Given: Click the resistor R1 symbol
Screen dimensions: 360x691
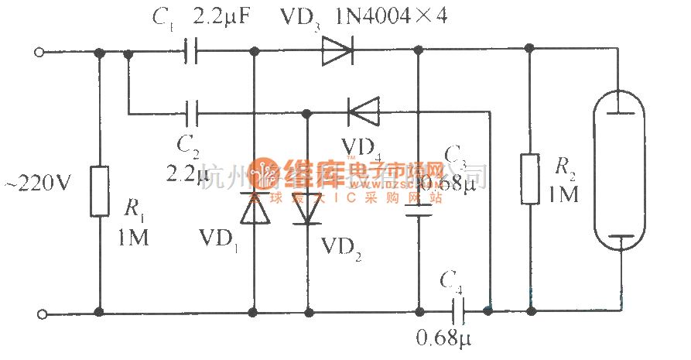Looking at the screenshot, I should pos(100,190).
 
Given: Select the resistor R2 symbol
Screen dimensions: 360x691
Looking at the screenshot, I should pos(530,179).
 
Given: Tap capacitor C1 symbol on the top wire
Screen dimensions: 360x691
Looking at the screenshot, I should pos(192,53).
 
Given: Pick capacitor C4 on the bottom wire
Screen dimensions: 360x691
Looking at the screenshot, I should pos(458,312).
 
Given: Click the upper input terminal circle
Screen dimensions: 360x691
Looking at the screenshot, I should pos(41,53).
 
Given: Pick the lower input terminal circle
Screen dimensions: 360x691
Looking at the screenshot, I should pos(41,313).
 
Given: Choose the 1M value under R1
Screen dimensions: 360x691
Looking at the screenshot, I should pos(133,238).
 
